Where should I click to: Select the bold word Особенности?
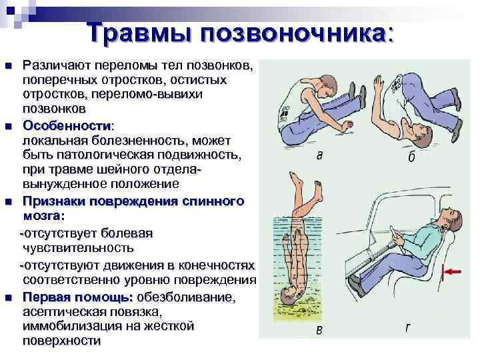67,125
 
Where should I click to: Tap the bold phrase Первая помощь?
78,297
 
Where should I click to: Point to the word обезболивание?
186,297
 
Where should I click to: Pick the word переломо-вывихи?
147,94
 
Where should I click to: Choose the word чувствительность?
79,247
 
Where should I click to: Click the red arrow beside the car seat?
451,271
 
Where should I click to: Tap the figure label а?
319,155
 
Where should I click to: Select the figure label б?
412,156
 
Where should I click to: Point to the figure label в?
319,330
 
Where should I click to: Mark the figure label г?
407,328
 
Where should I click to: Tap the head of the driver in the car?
451,219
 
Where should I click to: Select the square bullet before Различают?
9,65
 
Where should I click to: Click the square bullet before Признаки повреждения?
9,202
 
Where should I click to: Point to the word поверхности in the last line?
61,341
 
